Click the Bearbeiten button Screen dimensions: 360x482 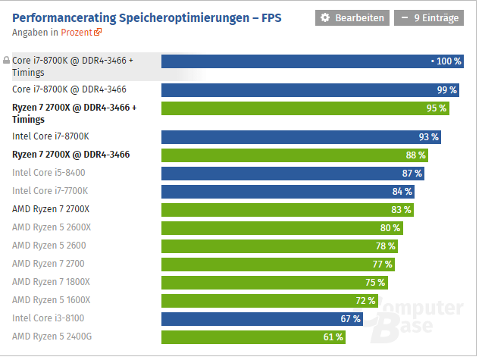(352, 17)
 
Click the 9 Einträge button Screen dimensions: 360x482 (428, 17)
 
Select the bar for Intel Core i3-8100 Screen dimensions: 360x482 (263, 318)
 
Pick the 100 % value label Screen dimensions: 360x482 (446, 61)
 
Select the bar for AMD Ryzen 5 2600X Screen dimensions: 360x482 (282, 227)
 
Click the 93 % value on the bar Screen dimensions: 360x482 (429, 136)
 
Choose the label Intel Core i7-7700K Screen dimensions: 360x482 (50, 191)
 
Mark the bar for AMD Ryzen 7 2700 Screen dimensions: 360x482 (278, 264)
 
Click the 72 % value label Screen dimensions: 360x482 (365, 300)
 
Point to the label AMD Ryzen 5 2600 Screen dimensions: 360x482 (49, 246)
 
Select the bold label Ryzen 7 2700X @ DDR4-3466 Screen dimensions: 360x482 (70, 155)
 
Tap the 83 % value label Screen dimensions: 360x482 (402, 209)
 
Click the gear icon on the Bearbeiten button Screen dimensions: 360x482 (325, 17)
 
